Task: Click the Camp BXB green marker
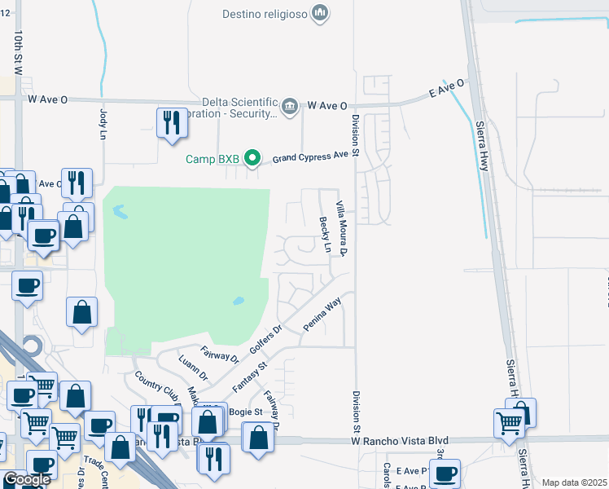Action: pos(253,158)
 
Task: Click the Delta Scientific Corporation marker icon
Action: pos(289,106)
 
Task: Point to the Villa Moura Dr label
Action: pos(344,227)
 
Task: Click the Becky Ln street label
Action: pos(326,234)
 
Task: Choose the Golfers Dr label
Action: pos(265,341)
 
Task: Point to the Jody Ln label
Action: pos(103,123)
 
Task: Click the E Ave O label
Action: pos(446,89)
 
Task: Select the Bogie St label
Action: pos(245,412)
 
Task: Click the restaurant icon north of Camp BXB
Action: pos(171,123)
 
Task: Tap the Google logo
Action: pos(26,479)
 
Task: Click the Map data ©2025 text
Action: pos(573,482)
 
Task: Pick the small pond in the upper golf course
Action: pos(120,213)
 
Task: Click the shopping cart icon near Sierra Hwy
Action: pos(509,423)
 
